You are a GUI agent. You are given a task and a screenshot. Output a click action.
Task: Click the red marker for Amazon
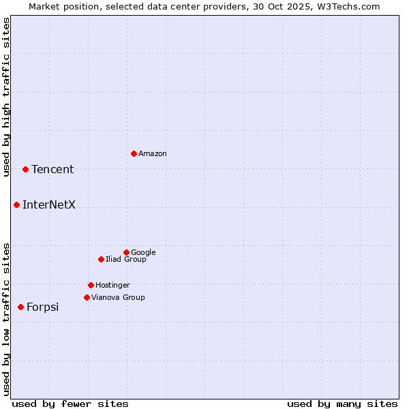(134, 153)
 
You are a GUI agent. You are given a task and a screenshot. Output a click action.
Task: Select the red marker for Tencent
(25, 169)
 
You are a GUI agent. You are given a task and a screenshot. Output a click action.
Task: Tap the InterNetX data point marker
(16, 204)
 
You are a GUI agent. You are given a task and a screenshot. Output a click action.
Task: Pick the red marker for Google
(126, 252)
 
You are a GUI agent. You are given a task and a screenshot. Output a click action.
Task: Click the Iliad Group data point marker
(101, 259)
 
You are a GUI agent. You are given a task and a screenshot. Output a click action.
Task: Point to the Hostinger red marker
(91, 285)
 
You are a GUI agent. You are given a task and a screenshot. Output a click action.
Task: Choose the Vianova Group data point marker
(87, 297)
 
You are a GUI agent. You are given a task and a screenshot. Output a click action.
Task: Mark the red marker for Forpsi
(20, 307)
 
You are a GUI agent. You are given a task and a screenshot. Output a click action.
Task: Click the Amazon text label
(153, 153)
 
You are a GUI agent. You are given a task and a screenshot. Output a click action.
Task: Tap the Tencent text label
(52, 169)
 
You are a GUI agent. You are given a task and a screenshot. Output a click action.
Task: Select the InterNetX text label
(49, 204)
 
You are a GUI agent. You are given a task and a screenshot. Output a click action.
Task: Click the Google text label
(143, 252)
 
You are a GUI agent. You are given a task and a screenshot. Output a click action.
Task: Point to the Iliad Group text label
(126, 259)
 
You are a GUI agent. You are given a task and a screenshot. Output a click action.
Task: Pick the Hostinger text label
(112, 285)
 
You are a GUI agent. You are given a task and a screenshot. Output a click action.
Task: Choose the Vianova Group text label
(118, 297)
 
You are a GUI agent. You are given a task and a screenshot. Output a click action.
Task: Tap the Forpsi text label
(42, 307)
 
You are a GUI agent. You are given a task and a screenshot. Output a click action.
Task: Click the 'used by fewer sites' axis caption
(70, 404)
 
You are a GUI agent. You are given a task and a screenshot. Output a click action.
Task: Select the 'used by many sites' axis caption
(342, 404)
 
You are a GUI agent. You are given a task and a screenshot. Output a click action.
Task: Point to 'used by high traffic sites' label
(6, 97)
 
